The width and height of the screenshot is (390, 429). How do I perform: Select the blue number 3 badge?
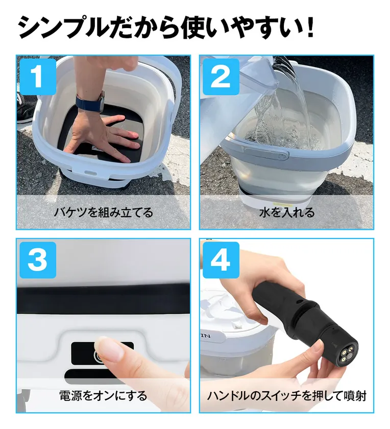[37, 260]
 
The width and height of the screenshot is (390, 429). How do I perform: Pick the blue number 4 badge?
[221, 260]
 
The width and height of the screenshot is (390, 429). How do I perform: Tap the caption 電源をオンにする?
[103, 395]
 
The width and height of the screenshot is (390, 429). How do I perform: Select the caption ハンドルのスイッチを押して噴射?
[286, 395]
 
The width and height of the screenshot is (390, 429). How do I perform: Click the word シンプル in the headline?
[66, 29]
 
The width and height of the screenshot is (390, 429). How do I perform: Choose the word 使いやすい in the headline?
[245, 29]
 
